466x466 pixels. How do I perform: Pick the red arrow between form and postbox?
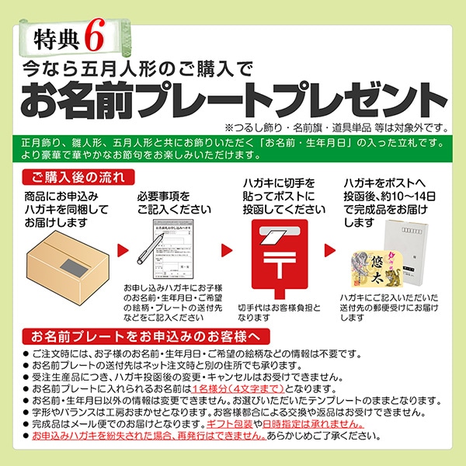pyautogui.click(x=225, y=250)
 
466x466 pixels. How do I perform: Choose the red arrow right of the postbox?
pyautogui.click(x=329, y=250)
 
